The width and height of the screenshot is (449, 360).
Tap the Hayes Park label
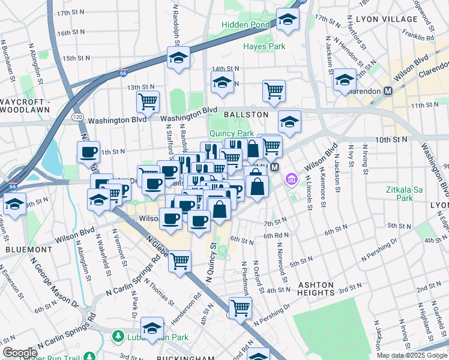(264, 46)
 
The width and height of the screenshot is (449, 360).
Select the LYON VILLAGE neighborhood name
(385, 19)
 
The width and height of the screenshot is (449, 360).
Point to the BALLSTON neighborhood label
(246, 114)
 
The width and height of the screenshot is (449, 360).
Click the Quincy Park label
(231, 133)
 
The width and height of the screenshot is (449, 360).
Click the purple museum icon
(292, 179)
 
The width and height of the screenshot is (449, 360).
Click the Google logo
(19, 352)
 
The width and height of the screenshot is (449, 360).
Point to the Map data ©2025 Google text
(412, 355)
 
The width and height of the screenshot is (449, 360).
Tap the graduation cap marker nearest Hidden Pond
(288, 20)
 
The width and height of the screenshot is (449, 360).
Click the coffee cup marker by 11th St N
(89, 152)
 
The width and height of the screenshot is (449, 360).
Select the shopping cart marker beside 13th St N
(148, 102)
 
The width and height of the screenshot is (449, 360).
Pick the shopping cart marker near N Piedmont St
(240, 308)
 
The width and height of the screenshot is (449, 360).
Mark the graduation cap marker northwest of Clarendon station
(345, 80)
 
